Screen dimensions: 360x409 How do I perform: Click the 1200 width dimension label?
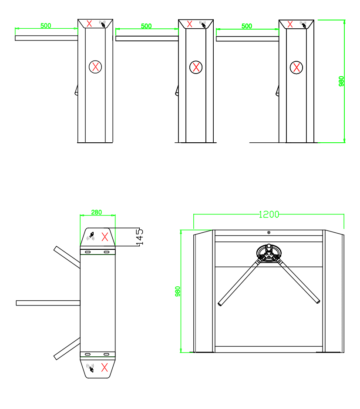[269, 215]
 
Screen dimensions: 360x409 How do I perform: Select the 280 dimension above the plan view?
[97, 212]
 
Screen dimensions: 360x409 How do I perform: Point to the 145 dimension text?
[140, 237]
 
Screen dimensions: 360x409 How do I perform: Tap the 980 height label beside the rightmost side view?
[341, 81]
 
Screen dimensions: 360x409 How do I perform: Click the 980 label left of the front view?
[178, 292]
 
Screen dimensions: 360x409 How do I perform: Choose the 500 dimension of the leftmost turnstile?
[46, 26]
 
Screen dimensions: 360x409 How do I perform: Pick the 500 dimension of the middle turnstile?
[146, 26]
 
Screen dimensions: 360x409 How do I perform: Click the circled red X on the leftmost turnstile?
[95, 67]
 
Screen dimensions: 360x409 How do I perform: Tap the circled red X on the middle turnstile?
[196, 67]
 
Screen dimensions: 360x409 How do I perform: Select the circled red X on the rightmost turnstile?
[296, 67]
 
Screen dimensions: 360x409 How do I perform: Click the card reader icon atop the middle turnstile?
[203, 24]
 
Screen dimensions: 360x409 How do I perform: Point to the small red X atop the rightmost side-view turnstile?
[290, 24]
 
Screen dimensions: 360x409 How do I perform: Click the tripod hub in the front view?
[269, 253]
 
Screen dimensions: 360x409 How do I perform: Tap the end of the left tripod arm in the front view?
[220, 304]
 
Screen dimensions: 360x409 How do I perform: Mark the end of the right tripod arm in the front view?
[318, 302]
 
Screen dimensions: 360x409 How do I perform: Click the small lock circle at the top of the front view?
[269, 232]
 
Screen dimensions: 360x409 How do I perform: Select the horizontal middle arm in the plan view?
[48, 303]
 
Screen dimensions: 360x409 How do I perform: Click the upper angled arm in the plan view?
[67, 257]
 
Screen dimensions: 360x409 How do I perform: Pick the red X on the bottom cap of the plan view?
[104, 367]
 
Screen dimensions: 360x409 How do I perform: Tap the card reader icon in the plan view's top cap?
[91, 236]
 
